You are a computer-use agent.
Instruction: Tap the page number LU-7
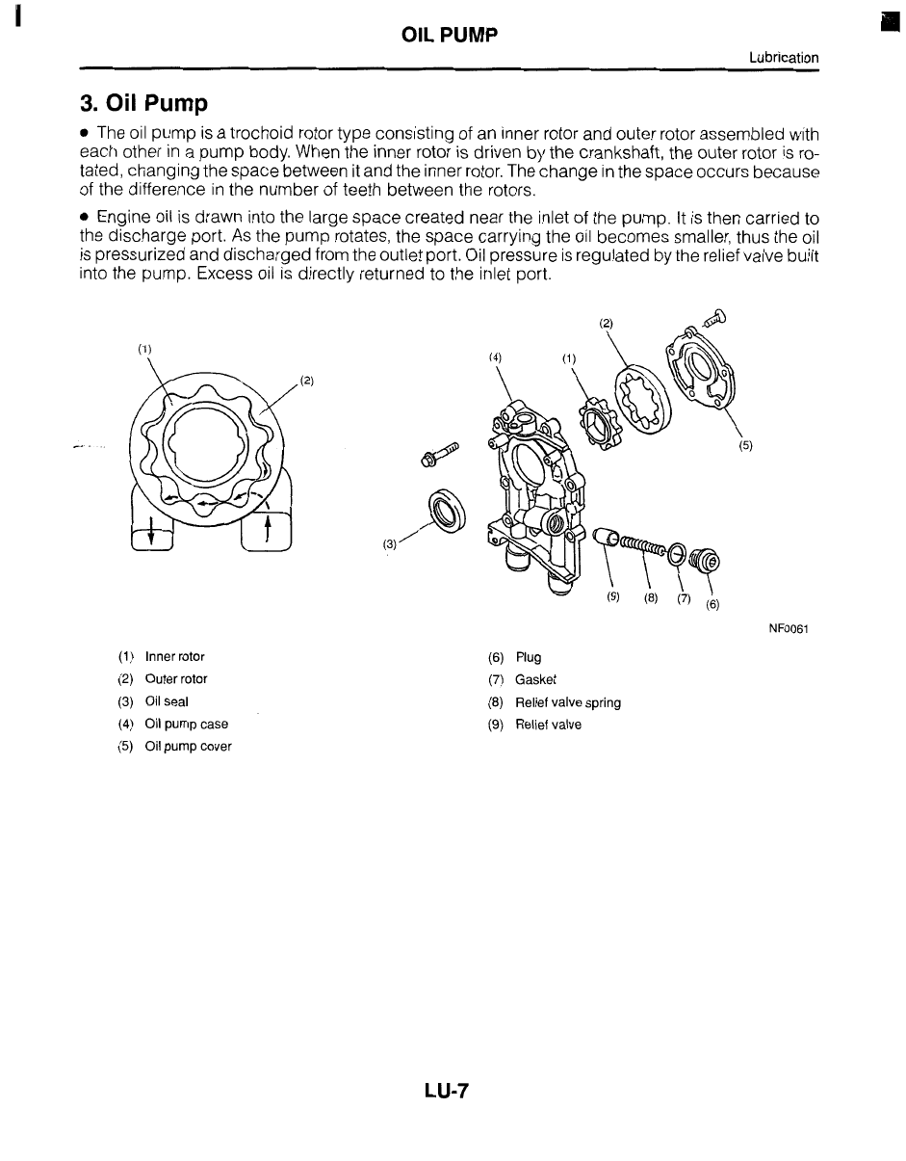(445, 1091)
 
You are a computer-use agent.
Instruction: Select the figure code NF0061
(788, 629)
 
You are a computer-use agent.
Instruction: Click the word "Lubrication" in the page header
(784, 58)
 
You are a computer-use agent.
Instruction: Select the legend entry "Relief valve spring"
(568, 702)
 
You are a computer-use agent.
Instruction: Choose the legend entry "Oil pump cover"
(188, 746)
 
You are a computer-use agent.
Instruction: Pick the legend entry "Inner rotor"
(174, 657)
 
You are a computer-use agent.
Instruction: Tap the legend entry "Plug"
(529, 658)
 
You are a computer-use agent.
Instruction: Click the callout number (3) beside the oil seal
(390, 543)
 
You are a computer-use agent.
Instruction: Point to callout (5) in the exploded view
(745, 446)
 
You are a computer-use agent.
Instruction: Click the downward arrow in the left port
(151, 533)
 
